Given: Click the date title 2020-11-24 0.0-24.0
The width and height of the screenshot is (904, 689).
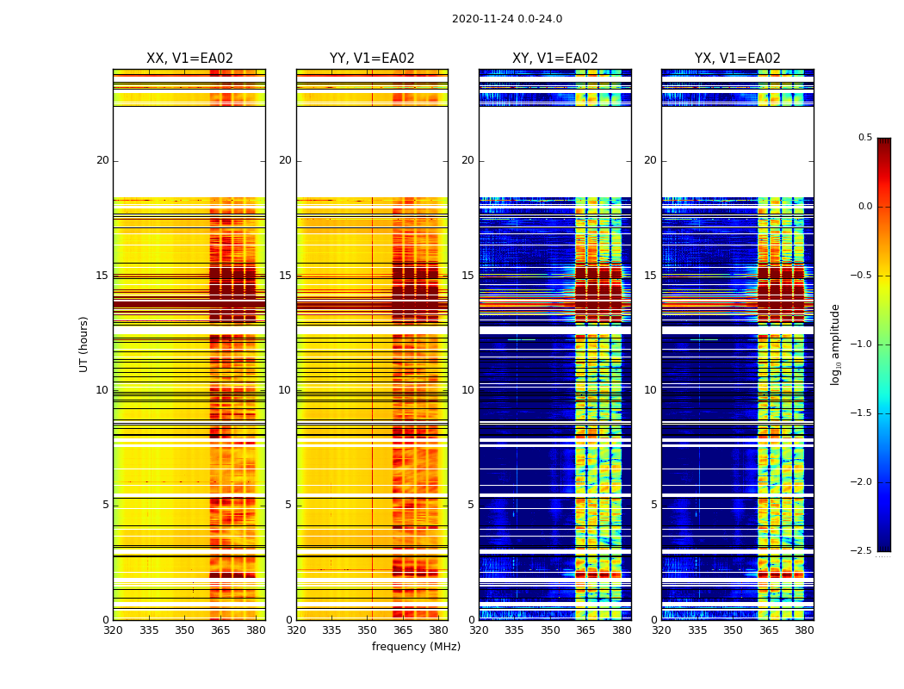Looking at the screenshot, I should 506,19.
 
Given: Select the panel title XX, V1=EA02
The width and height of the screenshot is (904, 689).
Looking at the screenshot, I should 189,59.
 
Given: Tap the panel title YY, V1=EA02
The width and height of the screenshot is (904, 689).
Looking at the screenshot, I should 372,59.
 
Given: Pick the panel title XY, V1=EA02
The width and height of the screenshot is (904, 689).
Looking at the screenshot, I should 555,59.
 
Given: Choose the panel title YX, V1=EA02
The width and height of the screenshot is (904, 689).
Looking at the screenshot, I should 738,59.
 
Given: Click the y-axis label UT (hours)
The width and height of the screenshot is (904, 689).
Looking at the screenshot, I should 84,344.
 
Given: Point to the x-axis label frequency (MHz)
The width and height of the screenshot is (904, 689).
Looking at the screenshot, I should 416,647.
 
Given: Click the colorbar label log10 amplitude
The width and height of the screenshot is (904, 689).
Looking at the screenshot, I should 835,344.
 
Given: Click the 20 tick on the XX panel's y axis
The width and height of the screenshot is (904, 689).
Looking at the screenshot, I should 102,160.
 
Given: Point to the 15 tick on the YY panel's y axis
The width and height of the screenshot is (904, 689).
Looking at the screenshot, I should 285,276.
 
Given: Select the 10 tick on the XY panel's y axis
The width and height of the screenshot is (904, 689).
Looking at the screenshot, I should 467,390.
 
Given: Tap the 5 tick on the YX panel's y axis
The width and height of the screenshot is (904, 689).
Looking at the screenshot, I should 653,505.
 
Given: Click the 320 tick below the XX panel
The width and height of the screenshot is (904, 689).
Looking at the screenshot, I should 113,630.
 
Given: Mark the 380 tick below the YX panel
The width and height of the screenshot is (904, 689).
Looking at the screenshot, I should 804,630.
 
